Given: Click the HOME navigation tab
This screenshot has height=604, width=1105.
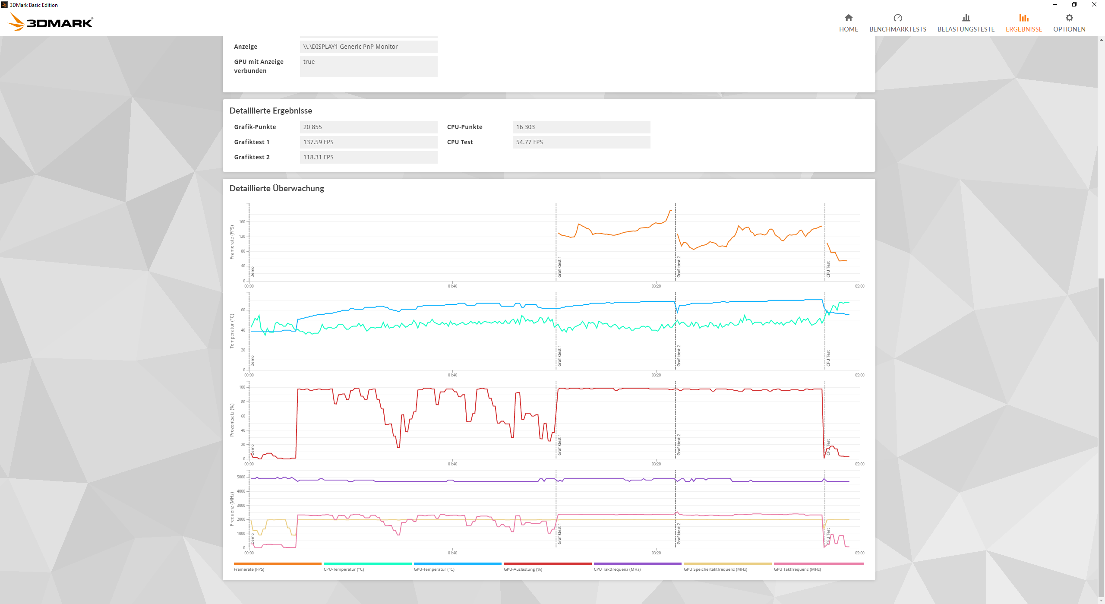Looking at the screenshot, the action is pyautogui.click(x=848, y=23).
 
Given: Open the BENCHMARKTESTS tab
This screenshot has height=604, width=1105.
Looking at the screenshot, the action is pyautogui.click(x=897, y=23).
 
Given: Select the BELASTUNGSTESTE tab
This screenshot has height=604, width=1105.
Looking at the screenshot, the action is pyautogui.click(x=966, y=23).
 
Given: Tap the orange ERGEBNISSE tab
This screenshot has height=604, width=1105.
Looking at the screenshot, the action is pyautogui.click(x=1023, y=23).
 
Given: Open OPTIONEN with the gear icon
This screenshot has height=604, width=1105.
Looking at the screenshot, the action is pyautogui.click(x=1069, y=23).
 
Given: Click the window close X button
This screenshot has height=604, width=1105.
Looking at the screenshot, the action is pyautogui.click(x=1094, y=5).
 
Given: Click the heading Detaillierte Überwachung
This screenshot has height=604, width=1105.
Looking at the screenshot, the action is pyautogui.click(x=277, y=188).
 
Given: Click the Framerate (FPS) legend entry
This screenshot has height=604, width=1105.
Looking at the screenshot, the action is pyautogui.click(x=249, y=569).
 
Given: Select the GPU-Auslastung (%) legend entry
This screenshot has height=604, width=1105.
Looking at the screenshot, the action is pyautogui.click(x=523, y=569).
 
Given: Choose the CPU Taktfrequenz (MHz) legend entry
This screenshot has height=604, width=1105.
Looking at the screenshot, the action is pyautogui.click(x=617, y=569).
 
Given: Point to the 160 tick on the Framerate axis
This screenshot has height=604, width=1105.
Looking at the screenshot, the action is pyautogui.click(x=242, y=222).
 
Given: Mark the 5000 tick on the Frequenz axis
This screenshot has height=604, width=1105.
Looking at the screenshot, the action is pyautogui.click(x=241, y=477).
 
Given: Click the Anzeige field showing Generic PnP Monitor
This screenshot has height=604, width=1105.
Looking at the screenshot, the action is pyautogui.click(x=369, y=47).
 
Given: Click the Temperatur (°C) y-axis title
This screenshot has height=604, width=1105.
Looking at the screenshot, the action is pyautogui.click(x=232, y=331).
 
